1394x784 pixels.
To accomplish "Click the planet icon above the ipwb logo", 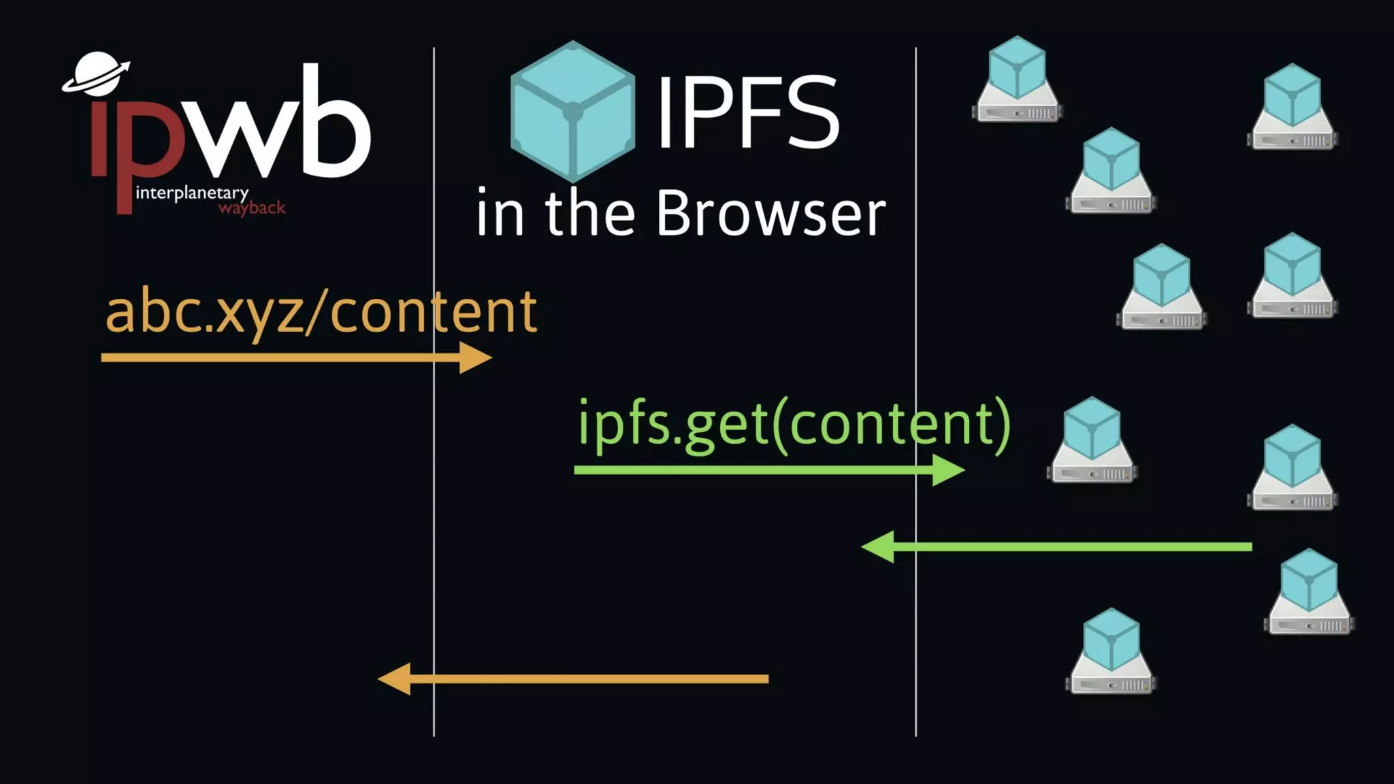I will point(97,73).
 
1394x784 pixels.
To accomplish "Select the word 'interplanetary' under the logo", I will point(192,193).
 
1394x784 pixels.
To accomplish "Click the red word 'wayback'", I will point(252,208).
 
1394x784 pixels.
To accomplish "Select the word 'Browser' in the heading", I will point(771,214).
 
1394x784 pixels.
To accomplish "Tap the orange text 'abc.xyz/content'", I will point(321,312).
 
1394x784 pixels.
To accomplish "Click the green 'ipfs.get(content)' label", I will point(794,423).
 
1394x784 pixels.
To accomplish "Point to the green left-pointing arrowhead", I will point(879,546).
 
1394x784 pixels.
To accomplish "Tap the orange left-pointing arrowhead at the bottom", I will point(395,679).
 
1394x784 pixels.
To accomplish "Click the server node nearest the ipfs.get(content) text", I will point(1092,441).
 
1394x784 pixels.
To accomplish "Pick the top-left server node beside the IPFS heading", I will point(1017,80).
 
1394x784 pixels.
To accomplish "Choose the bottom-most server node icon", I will point(1111,652).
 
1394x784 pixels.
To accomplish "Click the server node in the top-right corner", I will point(1292,108).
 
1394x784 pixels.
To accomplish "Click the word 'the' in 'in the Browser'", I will point(589,214).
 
